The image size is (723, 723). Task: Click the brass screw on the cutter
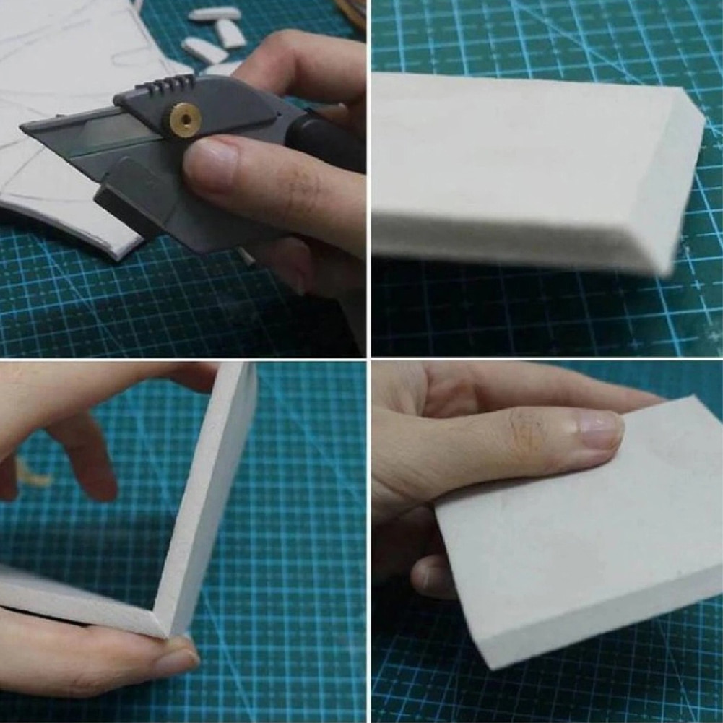pyautogui.click(x=183, y=118)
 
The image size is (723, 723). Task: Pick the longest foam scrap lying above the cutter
pyautogui.click(x=215, y=13)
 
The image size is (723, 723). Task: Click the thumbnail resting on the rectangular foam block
pyautogui.click(x=599, y=430)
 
